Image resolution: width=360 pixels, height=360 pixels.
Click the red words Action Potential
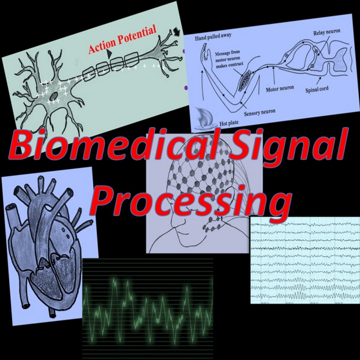(x=122, y=40)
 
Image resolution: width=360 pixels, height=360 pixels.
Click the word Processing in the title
(x=192, y=202)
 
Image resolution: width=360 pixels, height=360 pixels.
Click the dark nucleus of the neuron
(x=53, y=96)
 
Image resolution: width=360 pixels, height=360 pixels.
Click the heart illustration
(x=48, y=244)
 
